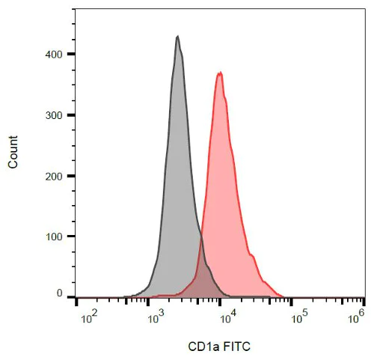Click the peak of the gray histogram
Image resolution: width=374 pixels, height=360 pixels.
177,36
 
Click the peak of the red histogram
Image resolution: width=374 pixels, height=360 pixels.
220,73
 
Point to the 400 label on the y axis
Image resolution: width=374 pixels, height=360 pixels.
54,55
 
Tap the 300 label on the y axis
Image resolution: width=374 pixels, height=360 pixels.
54,115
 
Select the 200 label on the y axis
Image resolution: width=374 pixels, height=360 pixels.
54,176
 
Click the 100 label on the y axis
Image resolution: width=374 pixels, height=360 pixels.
54,237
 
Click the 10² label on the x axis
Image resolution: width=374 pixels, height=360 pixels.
88,319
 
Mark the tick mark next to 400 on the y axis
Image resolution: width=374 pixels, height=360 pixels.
71,54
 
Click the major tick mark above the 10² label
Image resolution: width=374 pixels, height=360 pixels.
78,302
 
